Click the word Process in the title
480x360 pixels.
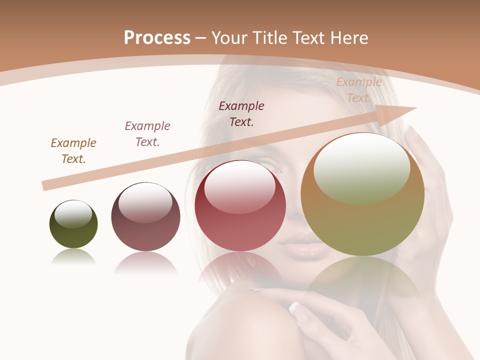[x=157, y=37]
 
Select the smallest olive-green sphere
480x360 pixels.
[x=73, y=224]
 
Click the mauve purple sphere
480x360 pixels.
[x=145, y=217]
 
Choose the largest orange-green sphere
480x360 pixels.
[x=362, y=194]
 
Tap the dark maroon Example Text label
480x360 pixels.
[x=241, y=114]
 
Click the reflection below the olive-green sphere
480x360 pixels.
[x=73, y=257]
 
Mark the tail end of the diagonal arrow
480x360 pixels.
[x=45, y=185]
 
